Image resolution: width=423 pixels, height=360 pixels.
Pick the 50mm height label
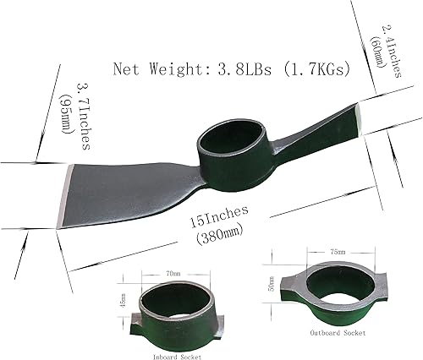point(271,282)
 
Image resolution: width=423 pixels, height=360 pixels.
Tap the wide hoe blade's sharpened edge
point(63,197)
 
